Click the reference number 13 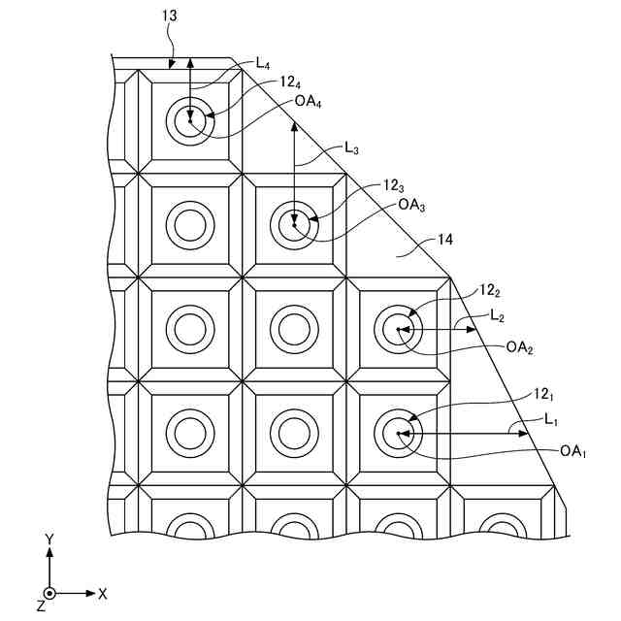point(169,16)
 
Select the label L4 point(262,64)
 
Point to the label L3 point(352,148)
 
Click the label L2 point(497,315)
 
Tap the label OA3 point(409,205)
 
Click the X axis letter point(103,592)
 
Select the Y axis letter point(49,538)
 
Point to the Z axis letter point(40,605)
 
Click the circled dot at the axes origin point(49,592)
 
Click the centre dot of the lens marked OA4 point(190,121)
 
